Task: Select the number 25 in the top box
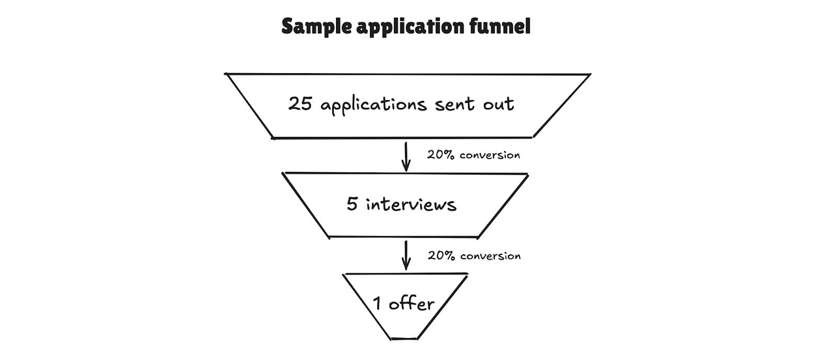click(300, 103)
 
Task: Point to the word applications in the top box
click(374, 105)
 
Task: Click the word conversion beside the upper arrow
click(490, 155)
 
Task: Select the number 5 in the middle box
click(352, 204)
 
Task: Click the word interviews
click(411, 204)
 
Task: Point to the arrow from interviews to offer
click(405, 256)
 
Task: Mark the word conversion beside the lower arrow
click(490, 256)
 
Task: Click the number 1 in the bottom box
click(377, 303)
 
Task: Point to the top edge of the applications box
click(408, 74)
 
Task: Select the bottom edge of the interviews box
click(403, 237)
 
